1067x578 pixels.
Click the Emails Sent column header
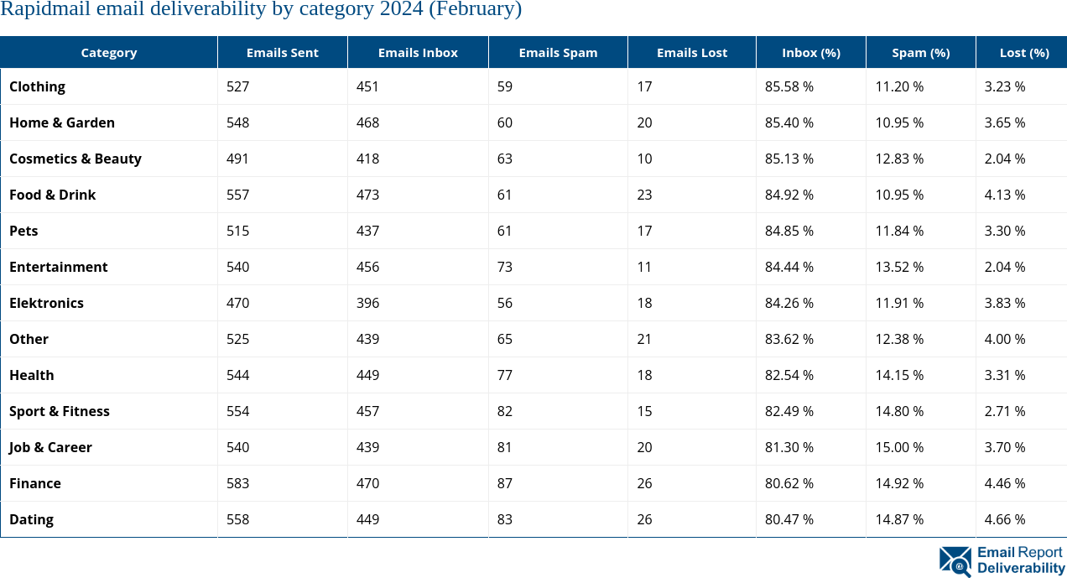coord(282,52)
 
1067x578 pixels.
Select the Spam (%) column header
coord(920,52)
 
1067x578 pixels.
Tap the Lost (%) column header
coord(1023,52)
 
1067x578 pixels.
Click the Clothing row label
coord(37,86)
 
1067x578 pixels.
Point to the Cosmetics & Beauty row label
coord(75,159)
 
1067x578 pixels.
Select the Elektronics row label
coord(46,303)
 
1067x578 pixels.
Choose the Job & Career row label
coord(50,447)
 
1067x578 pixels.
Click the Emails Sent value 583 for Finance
coord(237,483)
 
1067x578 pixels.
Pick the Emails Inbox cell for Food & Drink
coord(367,195)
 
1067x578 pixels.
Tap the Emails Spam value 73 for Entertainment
coord(504,267)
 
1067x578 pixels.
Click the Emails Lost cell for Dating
coord(644,519)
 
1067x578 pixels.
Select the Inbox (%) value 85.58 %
coord(789,86)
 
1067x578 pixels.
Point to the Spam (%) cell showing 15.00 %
coord(899,447)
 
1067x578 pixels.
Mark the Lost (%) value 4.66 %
coord(1004,519)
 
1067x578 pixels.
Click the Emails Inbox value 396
coord(367,303)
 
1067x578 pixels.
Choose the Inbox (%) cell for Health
coord(789,375)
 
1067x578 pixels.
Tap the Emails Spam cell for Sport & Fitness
coord(504,411)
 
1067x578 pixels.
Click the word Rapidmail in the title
coord(39,10)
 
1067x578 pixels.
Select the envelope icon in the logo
coord(955,561)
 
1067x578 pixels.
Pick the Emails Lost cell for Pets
coord(644,231)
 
